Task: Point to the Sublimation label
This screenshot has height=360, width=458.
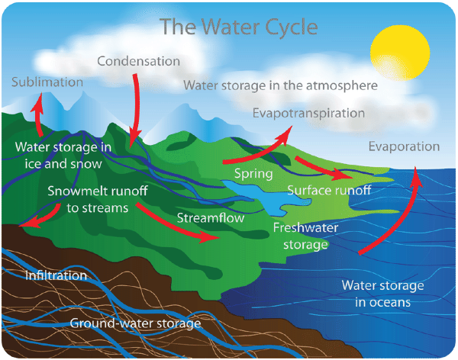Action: pos(47,82)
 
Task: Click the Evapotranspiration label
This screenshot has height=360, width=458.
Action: pos(308,113)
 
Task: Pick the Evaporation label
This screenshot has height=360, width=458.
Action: pos(404,146)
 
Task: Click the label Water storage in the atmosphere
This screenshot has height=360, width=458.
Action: pos(281,85)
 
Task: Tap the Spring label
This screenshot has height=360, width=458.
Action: pos(253,173)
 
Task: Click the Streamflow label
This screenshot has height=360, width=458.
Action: pos(211,217)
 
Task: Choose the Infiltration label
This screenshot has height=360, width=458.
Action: pos(56,275)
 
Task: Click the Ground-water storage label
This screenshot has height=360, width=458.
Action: pos(135,323)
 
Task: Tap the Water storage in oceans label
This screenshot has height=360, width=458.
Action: pos(382,294)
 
